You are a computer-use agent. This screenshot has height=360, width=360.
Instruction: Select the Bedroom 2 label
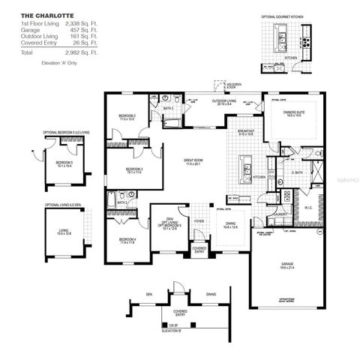[x=127, y=116]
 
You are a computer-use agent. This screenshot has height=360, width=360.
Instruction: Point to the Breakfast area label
[x=248, y=132]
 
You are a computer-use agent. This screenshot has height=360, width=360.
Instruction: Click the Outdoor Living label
[x=223, y=101]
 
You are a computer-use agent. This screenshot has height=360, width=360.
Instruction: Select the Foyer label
[x=199, y=222]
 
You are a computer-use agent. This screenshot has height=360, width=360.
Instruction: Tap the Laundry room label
[x=281, y=215]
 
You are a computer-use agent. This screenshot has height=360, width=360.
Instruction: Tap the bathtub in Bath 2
[x=112, y=199]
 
